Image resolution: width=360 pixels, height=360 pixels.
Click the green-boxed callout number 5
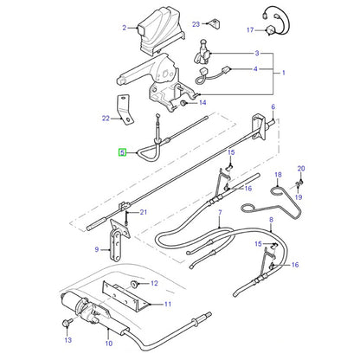point(123,152)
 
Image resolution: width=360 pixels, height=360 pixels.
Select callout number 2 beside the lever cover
point(125,28)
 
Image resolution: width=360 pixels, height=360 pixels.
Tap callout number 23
point(196,24)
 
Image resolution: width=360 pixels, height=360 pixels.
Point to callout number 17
point(250,29)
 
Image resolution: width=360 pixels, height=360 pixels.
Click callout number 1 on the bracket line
point(284,73)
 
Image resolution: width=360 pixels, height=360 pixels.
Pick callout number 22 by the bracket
point(106,118)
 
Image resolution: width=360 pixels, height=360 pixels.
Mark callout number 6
point(273,106)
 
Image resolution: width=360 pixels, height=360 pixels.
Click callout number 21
point(144,212)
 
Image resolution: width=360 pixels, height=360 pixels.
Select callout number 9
point(97,249)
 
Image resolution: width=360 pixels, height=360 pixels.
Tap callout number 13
point(68,340)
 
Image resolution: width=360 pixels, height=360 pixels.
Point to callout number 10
point(109,344)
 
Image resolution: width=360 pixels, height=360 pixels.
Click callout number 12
point(154,283)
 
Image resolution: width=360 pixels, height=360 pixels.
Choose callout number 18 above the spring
point(278,175)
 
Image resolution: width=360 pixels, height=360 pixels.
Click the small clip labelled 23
point(214,23)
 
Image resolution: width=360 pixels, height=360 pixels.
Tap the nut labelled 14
point(183,103)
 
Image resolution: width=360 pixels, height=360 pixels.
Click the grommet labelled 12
point(133,284)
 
